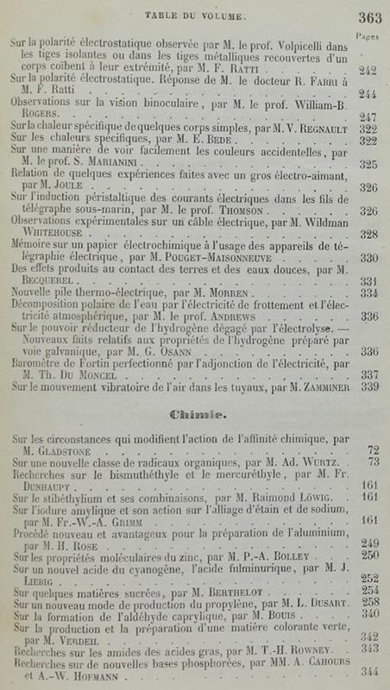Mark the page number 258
pyautogui.click(x=369, y=602)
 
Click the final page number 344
pyautogui.click(x=368, y=674)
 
